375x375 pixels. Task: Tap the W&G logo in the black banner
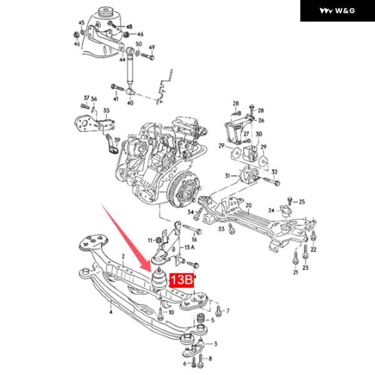(337, 11)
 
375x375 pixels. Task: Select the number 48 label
(129, 26)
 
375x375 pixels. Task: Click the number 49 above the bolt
(151, 47)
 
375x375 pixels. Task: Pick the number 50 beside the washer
(138, 44)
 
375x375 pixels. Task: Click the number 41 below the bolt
(116, 99)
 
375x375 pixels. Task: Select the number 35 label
(106, 111)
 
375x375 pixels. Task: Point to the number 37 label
(86, 99)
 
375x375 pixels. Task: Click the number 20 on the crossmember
(248, 206)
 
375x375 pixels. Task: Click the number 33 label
(220, 230)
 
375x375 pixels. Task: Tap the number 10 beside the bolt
(171, 311)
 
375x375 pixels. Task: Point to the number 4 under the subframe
(110, 310)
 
